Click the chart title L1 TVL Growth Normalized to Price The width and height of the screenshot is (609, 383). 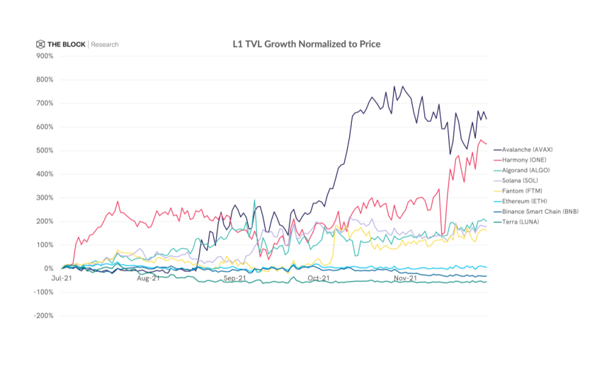[307, 44]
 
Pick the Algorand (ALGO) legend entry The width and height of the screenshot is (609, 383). [525, 171]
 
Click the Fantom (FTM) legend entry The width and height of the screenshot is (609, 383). [522, 191]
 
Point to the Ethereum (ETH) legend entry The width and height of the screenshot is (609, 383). [524, 201]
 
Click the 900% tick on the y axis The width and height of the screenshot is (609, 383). [43, 56]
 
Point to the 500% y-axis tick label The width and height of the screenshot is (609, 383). [43, 150]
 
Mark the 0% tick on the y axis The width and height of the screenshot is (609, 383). [47, 268]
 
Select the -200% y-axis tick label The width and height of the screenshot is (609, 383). [42, 316]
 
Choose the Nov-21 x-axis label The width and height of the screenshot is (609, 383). [404, 279]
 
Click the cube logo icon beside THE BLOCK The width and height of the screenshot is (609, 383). [41, 45]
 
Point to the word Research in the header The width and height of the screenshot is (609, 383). [105, 45]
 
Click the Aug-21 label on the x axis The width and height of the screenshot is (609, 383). [147, 279]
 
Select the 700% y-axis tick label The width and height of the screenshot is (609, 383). [43, 103]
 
